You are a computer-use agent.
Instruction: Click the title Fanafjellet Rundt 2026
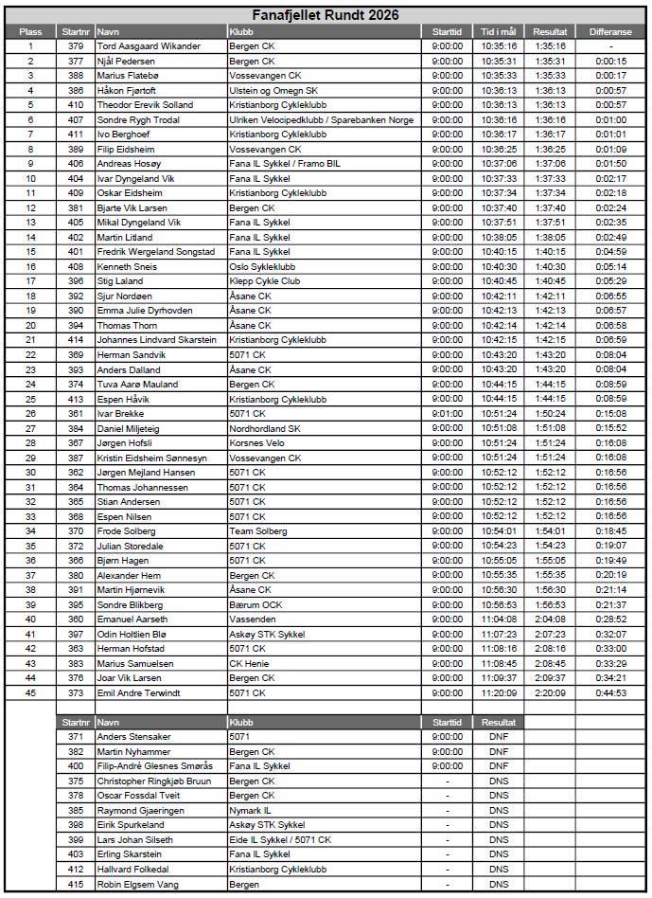point(325,15)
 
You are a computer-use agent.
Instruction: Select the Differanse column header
point(610,31)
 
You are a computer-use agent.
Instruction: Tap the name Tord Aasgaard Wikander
point(149,45)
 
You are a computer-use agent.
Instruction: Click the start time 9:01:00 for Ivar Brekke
point(447,413)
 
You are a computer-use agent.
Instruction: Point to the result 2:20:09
point(550,692)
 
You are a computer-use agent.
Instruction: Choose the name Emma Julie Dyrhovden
point(145,310)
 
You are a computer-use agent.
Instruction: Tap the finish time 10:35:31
point(498,61)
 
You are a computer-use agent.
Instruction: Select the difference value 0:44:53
point(610,692)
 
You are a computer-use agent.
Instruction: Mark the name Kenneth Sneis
point(128,266)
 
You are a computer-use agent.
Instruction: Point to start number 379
point(76,45)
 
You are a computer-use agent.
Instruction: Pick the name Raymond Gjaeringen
point(141,810)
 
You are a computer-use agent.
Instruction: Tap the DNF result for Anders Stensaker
point(498,736)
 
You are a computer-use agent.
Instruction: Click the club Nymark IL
point(251,810)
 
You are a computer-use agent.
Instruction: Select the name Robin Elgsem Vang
point(138,884)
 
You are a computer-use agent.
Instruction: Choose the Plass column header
point(30,31)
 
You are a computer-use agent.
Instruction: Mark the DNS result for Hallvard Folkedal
point(498,869)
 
